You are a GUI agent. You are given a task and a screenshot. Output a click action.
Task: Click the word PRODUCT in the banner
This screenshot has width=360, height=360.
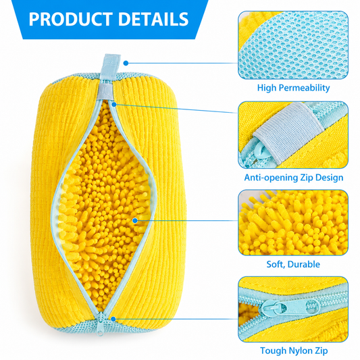[x=71, y=19]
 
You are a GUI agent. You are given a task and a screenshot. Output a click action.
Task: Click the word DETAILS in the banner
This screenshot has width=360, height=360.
[x=153, y=19]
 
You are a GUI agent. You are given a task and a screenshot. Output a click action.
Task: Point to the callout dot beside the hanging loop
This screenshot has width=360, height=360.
[x=126, y=63]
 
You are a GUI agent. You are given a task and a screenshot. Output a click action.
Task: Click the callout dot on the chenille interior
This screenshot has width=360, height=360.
[x=135, y=221]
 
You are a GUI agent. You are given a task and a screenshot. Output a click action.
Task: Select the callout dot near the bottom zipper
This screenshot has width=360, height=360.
[x=113, y=319]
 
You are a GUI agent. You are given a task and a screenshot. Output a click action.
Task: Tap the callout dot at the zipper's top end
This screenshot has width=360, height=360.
[x=114, y=105]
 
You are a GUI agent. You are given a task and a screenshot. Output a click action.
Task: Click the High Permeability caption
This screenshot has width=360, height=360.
[x=293, y=88]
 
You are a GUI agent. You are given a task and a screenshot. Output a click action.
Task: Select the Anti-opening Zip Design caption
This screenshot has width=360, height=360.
[x=293, y=178]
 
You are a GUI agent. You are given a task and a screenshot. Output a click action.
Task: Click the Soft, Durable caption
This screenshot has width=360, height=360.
[x=293, y=264]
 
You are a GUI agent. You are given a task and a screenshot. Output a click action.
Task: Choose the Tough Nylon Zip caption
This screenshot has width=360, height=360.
[x=294, y=351]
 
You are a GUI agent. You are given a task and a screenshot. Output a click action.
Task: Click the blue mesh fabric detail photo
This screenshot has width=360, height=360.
[x=293, y=45]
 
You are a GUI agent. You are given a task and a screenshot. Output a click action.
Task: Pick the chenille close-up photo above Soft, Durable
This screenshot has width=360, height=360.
[x=293, y=223]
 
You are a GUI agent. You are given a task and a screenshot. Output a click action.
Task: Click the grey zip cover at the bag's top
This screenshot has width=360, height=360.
[x=105, y=92]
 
